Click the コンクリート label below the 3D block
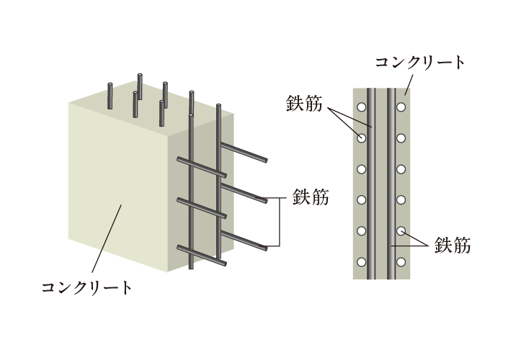click(87, 289)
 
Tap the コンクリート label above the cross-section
click(420, 61)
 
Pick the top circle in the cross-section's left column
click(362, 107)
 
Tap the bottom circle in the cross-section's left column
click(362, 263)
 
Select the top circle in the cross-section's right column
click(401, 107)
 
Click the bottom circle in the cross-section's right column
click(401, 263)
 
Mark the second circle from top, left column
click(362, 138)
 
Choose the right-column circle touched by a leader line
click(401, 232)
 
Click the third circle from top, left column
click(362, 169)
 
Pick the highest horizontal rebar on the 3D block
click(245, 153)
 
